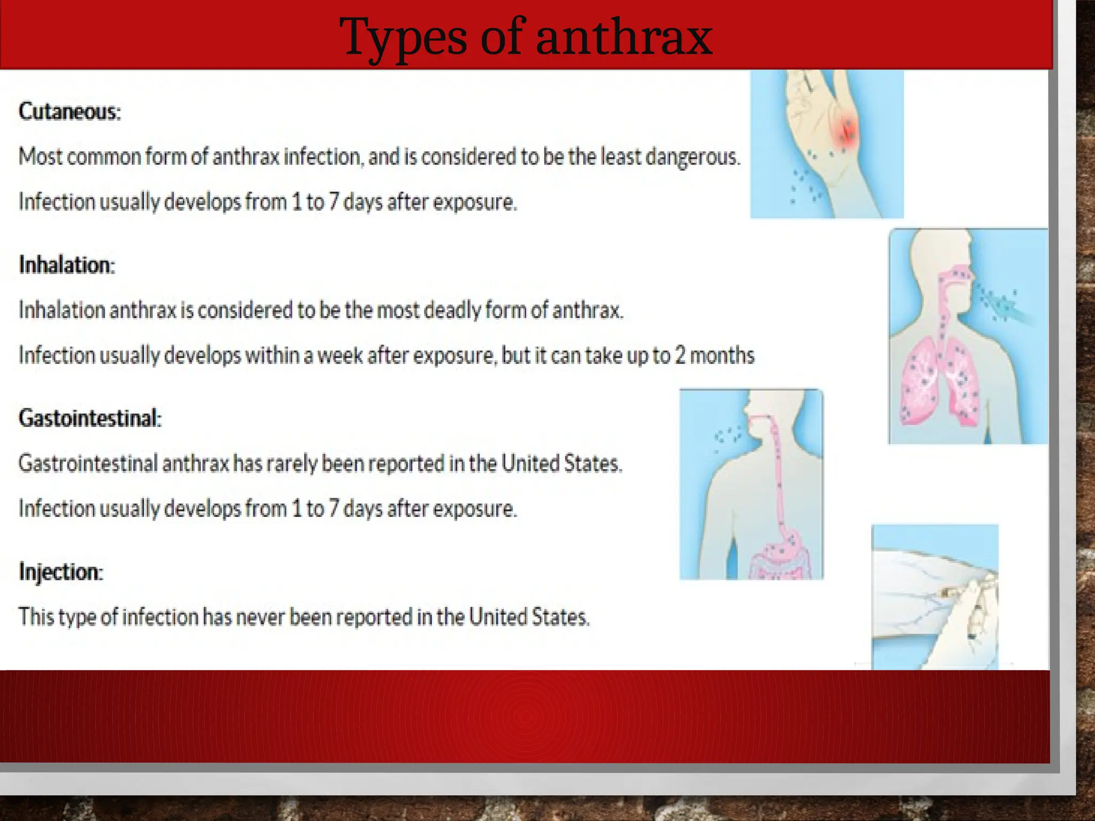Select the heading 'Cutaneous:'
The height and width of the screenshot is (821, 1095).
(70, 112)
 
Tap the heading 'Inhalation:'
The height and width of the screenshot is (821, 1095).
(67, 265)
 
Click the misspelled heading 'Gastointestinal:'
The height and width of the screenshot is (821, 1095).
(90, 418)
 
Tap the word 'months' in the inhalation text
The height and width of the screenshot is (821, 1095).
(722, 355)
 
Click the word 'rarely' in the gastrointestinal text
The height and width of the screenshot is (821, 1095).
(292, 463)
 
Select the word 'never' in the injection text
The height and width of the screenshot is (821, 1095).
(260, 617)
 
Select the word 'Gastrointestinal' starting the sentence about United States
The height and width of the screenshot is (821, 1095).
(88, 463)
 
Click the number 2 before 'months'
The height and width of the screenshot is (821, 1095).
(680, 355)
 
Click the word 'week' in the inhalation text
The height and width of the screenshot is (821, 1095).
(340, 355)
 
